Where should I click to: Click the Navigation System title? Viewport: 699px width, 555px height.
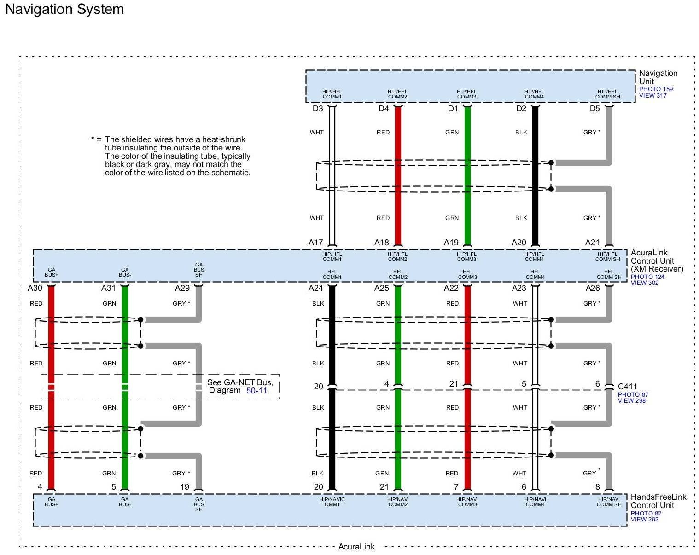pos(64,9)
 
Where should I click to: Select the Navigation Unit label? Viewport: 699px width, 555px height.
pos(658,77)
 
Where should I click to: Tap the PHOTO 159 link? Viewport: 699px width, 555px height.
pos(655,89)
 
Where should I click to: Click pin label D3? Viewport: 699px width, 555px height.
pos(318,109)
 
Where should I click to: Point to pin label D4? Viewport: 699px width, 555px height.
pos(384,109)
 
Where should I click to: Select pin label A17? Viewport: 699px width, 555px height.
pos(316,243)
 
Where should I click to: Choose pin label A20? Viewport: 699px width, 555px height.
pos(518,243)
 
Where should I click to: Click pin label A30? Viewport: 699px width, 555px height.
pos(35,288)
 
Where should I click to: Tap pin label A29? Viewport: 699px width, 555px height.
pos(182,288)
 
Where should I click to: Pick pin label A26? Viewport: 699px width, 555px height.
pos(593,288)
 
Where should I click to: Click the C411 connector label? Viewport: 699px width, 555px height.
pos(628,387)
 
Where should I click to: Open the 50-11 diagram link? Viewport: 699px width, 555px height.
pos(257,390)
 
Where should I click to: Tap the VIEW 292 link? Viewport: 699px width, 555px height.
pos(644,519)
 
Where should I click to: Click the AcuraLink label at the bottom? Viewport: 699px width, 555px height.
pos(356,547)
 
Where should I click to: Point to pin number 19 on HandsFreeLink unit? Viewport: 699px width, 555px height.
pos(185,487)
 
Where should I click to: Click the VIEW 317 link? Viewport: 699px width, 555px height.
pos(652,96)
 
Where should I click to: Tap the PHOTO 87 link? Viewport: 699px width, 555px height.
pos(633,394)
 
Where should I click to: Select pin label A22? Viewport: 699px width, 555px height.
pos(451,288)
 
